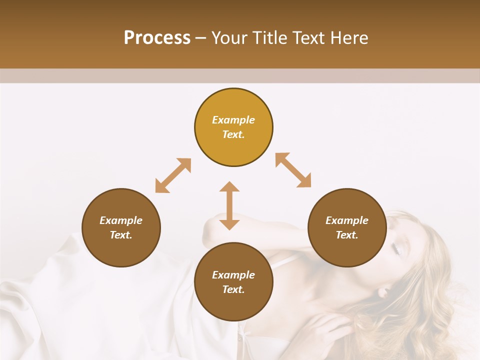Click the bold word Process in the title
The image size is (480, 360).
point(157,38)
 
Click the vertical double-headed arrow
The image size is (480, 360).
point(229,205)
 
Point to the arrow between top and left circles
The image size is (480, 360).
point(173,175)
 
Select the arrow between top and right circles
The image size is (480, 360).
point(293,170)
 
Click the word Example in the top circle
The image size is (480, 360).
point(233,120)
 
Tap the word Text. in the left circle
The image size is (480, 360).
point(121,235)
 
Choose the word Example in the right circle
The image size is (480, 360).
point(347,220)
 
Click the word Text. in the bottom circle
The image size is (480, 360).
point(233,289)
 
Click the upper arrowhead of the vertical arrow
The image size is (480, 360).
point(229,187)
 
